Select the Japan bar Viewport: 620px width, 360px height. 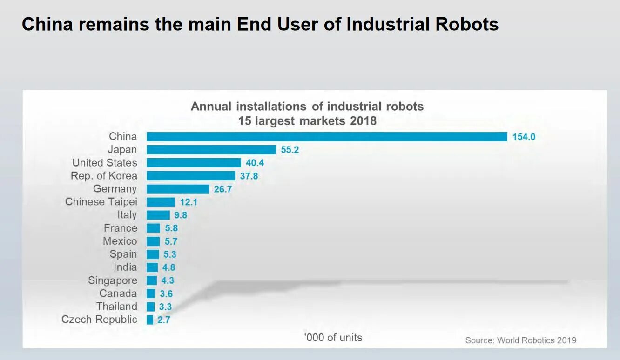[x=211, y=150]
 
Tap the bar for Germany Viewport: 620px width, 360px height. [x=178, y=189]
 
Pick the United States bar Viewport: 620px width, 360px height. [x=194, y=163]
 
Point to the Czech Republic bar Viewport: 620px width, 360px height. [x=150, y=320]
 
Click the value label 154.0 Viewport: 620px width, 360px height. [x=524, y=137]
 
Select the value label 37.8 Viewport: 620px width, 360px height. [x=249, y=176]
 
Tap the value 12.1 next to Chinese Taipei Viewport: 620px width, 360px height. [x=189, y=202]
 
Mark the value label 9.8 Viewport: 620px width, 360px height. [x=181, y=215]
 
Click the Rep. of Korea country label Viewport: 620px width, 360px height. [x=104, y=176]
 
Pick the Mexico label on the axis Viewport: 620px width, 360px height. [x=120, y=241]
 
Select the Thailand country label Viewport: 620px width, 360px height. [x=117, y=307]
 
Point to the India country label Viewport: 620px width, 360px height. [x=125, y=267]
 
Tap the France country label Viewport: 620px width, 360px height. [x=121, y=228]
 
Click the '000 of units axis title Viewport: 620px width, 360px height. [x=333, y=338]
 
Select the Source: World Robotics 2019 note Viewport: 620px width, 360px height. [x=520, y=340]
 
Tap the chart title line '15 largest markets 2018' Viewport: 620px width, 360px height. [x=307, y=121]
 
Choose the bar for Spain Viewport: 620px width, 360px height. [x=153, y=254]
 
